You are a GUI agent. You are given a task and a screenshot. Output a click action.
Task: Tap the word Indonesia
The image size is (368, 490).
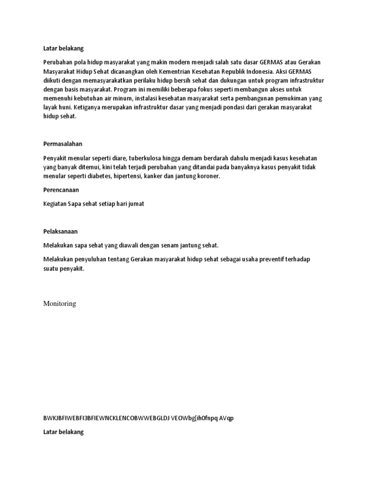[258, 72]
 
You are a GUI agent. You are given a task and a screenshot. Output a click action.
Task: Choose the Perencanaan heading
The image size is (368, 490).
[61, 190]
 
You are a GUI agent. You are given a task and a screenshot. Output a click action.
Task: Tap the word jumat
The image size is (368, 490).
[135, 204]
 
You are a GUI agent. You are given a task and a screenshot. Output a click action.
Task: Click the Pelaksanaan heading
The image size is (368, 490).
[60, 232]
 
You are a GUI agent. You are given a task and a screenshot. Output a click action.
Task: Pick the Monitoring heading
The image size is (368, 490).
[59, 304]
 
